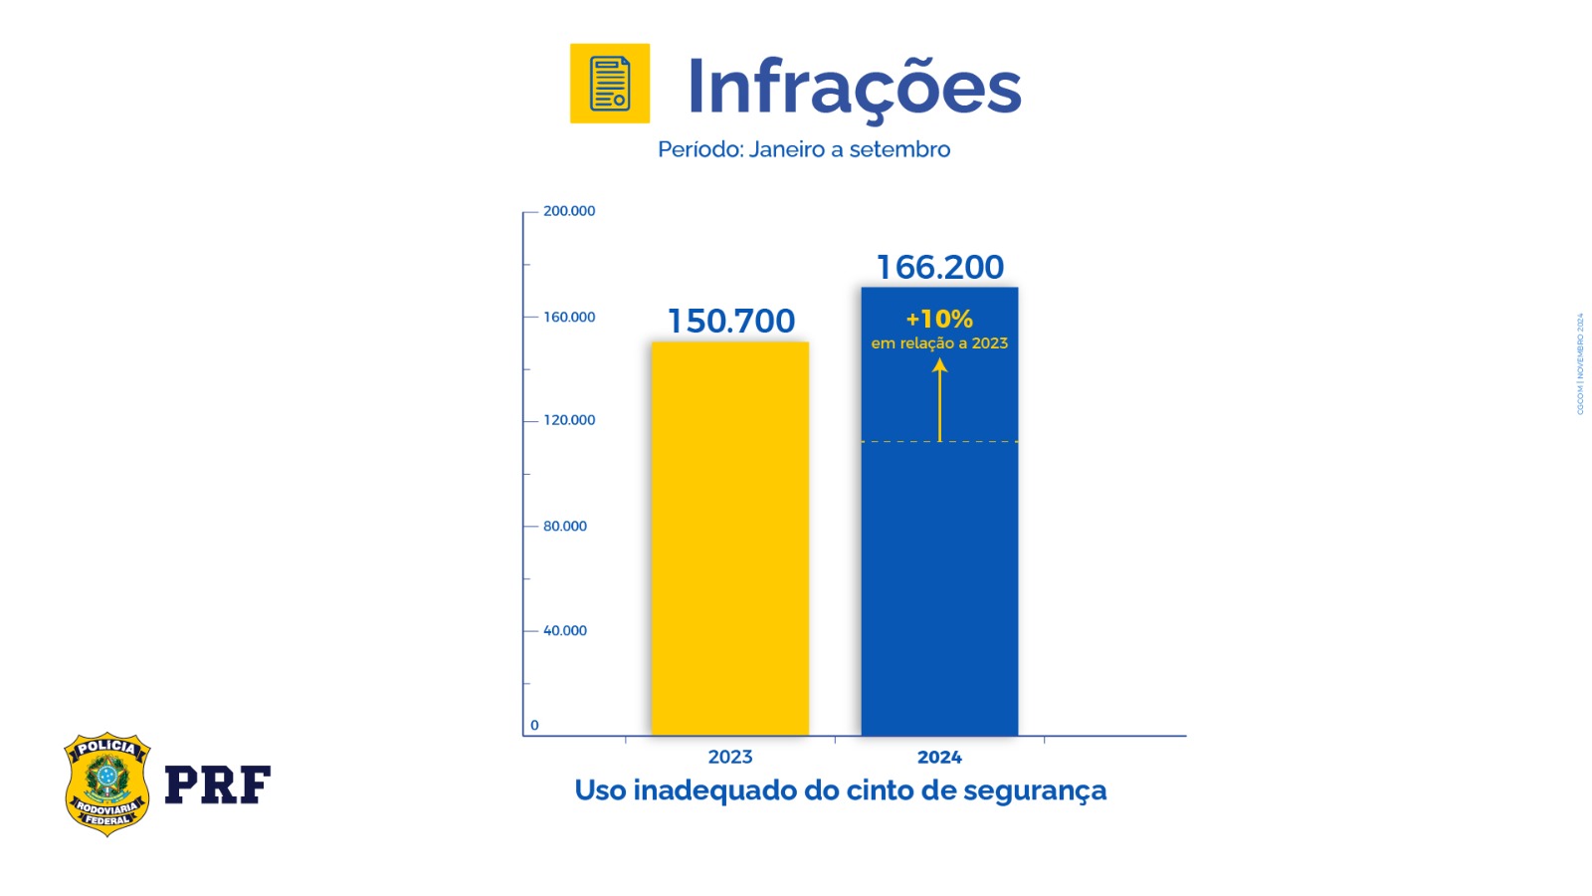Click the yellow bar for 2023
click(729, 538)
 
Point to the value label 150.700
click(731, 322)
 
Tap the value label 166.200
click(940, 267)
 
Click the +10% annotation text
click(939, 320)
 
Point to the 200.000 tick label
click(569, 211)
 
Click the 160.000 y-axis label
click(569, 318)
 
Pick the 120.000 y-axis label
click(569, 420)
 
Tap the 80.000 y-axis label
click(565, 527)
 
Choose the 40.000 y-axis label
click(565, 631)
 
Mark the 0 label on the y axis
click(534, 726)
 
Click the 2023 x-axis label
click(730, 758)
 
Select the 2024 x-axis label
click(939, 758)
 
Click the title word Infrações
click(854, 88)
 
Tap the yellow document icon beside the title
click(610, 84)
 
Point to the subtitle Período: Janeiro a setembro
click(804, 149)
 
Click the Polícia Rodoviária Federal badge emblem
click(106, 784)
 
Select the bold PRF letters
click(217, 785)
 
